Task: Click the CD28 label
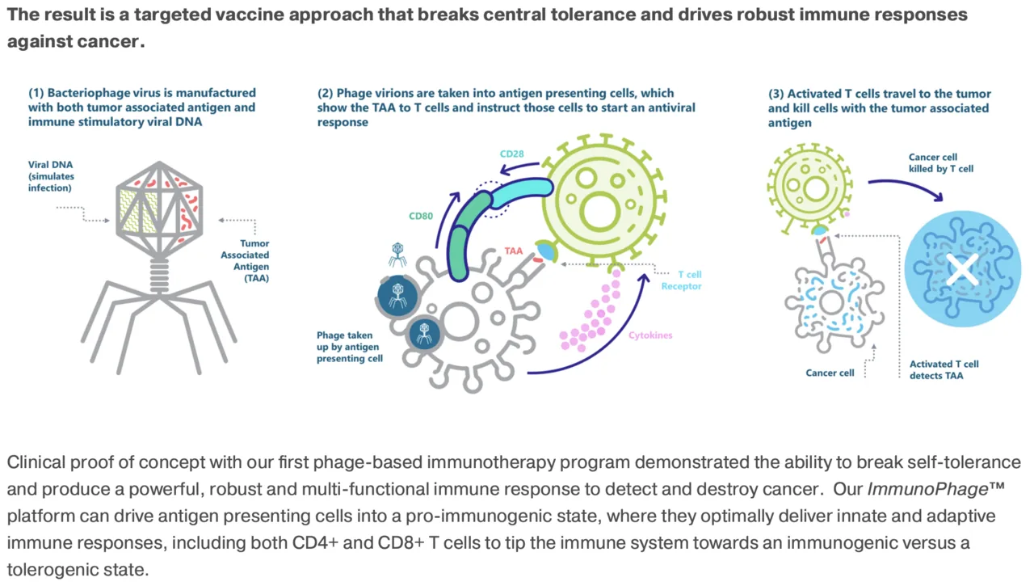point(511,154)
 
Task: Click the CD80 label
point(421,216)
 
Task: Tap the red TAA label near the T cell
point(513,251)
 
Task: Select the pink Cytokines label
point(650,335)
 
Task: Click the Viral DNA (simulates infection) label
point(51,176)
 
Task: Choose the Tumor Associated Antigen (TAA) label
point(245,260)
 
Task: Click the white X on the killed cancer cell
point(961,270)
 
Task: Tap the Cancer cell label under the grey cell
point(830,373)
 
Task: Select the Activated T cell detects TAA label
point(944,370)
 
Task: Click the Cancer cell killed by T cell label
point(941,163)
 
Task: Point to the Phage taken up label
point(350,347)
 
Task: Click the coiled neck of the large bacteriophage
point(159,276)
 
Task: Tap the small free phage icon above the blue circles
point(397,255)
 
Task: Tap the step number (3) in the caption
point(776,94)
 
